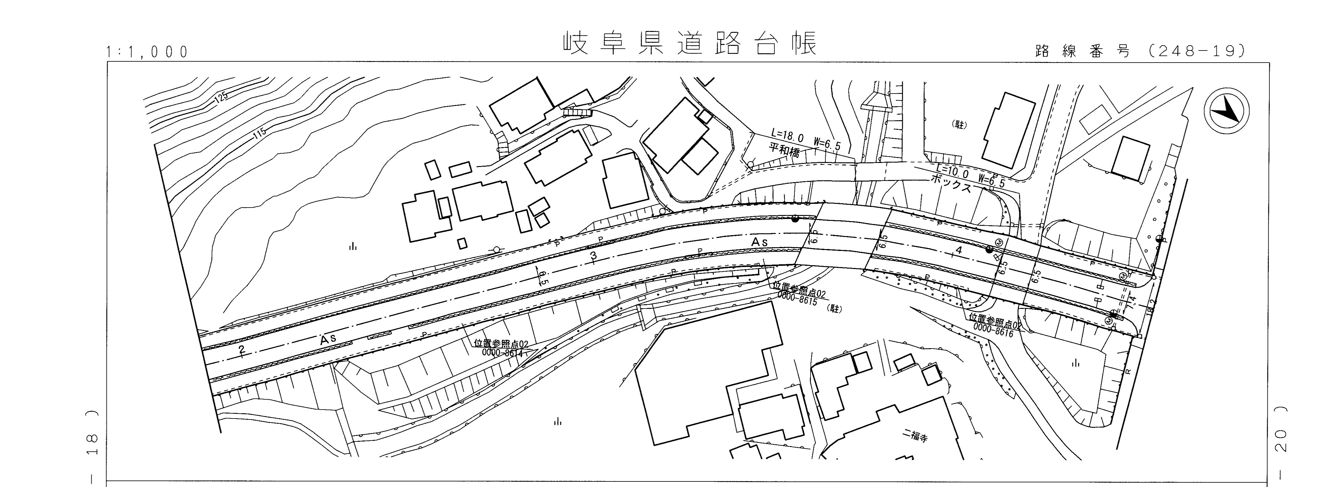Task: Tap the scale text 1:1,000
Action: [x=148, y=52]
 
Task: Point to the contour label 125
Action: [x=221, y=97]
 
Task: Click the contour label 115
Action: [x=260, y=134]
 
